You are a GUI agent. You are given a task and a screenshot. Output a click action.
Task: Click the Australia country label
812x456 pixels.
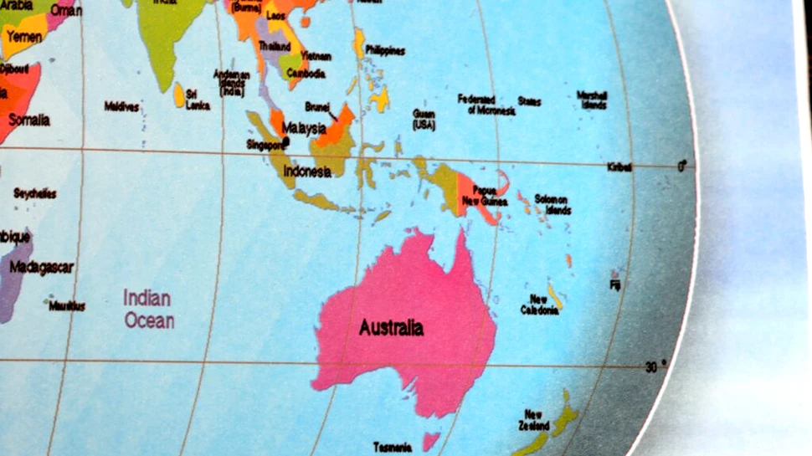click(x=391, y=327)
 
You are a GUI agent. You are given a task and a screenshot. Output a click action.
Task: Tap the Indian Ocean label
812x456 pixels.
click(x=148, y=309)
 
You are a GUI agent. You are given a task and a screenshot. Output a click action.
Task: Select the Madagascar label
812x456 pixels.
click(x=41, y=268)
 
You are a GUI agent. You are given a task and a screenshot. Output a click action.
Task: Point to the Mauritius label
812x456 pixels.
click(x=66, y=306)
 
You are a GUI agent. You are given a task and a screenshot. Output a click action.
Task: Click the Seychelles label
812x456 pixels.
click(x=35, y=193)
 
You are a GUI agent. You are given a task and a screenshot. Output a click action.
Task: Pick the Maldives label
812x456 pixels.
click(x=121, y=106)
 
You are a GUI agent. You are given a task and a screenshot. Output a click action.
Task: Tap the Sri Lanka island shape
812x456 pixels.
click(x=179, y=95)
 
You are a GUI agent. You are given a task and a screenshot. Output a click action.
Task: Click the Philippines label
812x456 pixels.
click(x=384, y=51)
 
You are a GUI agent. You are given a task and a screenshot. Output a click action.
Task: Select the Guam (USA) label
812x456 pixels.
click(x=424, y=119)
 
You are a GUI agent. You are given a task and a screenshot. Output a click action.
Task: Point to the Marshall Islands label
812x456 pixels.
click(x=592, y=100)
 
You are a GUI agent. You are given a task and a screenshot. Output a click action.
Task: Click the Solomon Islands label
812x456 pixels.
click(x=552, y=204)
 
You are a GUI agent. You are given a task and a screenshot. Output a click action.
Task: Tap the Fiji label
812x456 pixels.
click(x=615, y=285)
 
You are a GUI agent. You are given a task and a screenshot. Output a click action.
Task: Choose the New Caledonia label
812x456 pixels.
click(x=539, y=305)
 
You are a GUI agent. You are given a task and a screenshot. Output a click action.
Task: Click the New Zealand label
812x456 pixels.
click(x=534, y=420)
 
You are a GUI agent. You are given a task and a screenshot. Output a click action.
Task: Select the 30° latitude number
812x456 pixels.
click(x=654, y=366)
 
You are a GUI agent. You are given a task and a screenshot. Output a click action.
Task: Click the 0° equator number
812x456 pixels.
click(x=682, y=166)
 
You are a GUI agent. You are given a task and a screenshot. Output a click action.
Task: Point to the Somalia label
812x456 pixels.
click(x=29, y=120)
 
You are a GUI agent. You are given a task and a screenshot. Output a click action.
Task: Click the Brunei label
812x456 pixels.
click(x=316, y=107)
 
